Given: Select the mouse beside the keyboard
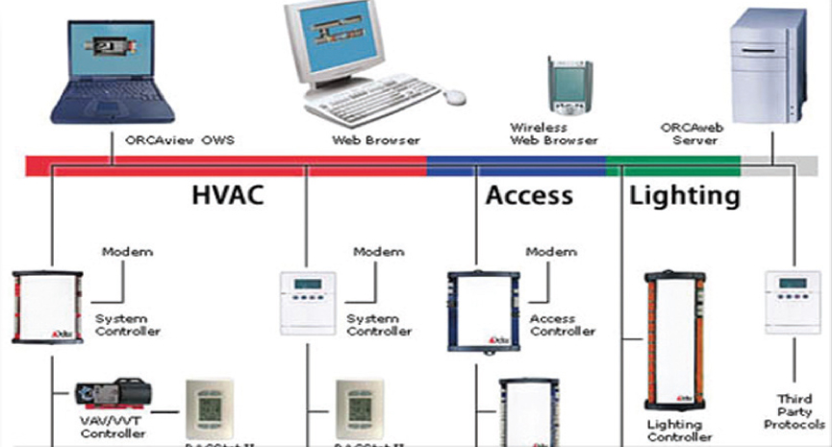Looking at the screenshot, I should (453, 96).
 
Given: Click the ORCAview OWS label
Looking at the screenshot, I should (181, 140).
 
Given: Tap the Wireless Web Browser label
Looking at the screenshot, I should (540, 134).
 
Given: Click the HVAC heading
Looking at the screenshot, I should (227, 196).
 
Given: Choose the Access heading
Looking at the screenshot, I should (529, 196).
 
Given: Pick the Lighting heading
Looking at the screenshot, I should (685, 196).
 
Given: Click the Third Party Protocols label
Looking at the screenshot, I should (794, 410).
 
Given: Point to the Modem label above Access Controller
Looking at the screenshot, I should (550, 252).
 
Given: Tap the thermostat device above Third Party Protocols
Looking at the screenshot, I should (792, 303).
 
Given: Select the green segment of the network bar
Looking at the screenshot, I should (673, 165).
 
